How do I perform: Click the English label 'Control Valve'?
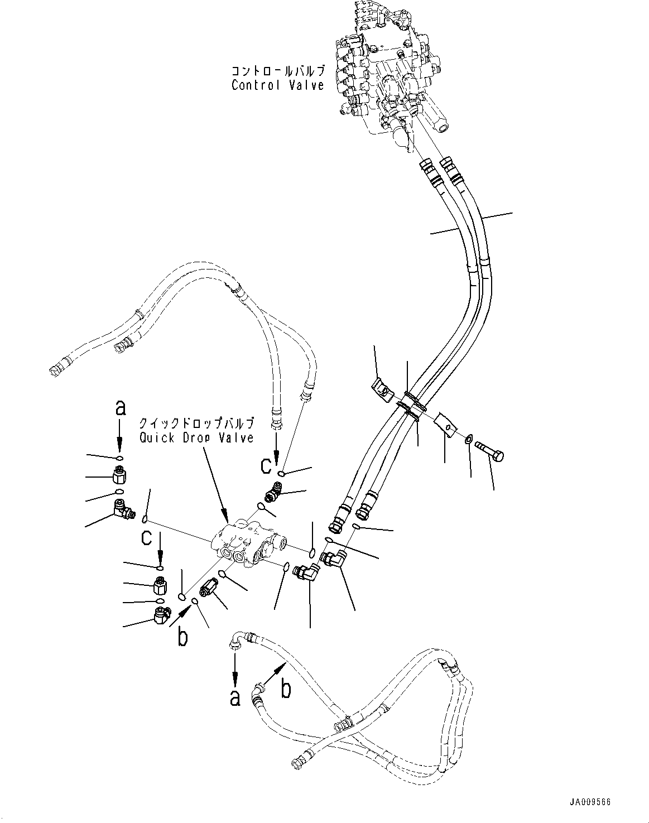(277, 85)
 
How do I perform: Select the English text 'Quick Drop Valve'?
(196, 437)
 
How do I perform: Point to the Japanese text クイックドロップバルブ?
(196, 423)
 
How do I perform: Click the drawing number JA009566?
(590, 802)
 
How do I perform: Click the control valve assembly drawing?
(391, 73)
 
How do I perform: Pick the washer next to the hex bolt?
(468, 440)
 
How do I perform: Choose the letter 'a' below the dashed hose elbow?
(235, 697)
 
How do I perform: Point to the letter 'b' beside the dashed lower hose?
(285, 690)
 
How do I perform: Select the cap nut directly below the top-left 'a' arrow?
(120, 475)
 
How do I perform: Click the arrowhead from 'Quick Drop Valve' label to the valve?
(225, 516)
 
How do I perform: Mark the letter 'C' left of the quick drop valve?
(147, 537)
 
